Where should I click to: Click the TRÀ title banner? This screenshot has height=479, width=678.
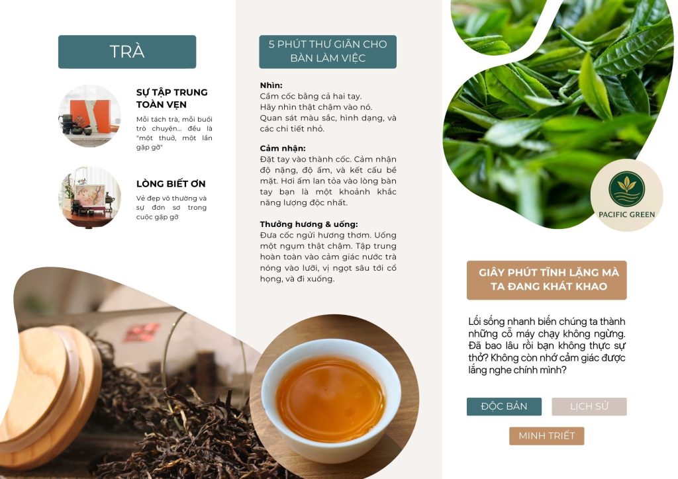click(127, 52)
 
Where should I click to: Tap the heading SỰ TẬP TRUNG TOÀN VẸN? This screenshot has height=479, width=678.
click(171, 99)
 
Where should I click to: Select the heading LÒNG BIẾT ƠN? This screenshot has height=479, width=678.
click(171, 183)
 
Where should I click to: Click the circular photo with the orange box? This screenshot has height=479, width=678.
click(90, 116)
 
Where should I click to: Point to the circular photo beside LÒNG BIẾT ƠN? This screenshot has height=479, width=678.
click(90, 197)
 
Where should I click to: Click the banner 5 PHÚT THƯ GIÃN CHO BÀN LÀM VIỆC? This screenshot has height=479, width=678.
click(328, 52)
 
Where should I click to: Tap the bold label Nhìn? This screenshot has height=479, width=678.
click(271, 85)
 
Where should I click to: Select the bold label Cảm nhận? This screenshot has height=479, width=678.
click(283, 148)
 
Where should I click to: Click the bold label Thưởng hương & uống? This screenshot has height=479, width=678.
click(309, 224)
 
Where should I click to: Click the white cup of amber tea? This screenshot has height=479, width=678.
click(331, 398)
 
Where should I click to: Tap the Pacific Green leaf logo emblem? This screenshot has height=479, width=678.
click(626, 189)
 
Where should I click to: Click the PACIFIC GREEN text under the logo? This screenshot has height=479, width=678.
click(626, 214)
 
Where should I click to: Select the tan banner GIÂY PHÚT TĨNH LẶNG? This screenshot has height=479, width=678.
click(546, 280)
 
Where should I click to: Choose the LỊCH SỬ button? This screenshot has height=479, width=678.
click(589, 406)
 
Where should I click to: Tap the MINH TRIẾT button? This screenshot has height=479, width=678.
click(546, 436)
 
